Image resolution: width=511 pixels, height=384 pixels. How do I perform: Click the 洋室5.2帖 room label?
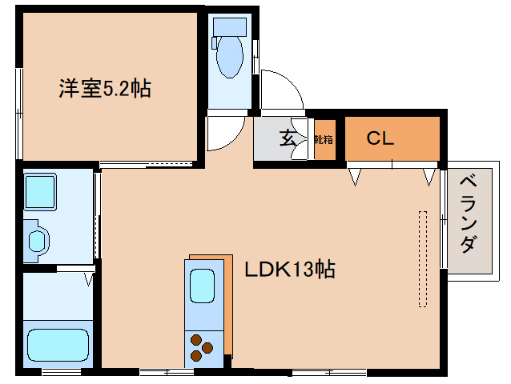coord(104,88)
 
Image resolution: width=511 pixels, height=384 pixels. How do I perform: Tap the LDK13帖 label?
coord(289,269)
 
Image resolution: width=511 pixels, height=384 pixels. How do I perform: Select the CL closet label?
coord(380,138)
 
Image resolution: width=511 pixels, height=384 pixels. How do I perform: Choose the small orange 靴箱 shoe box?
coord(324,139)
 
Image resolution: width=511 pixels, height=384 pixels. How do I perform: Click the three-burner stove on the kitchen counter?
coord(201,346)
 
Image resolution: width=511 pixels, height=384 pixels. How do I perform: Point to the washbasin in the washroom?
coord(37,239)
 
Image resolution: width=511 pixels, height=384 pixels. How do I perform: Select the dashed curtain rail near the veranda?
coord(423,258)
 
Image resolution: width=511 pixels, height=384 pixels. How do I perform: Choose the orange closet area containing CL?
coord(392,138)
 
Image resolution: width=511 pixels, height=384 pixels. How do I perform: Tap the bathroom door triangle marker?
coord(89,279)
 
